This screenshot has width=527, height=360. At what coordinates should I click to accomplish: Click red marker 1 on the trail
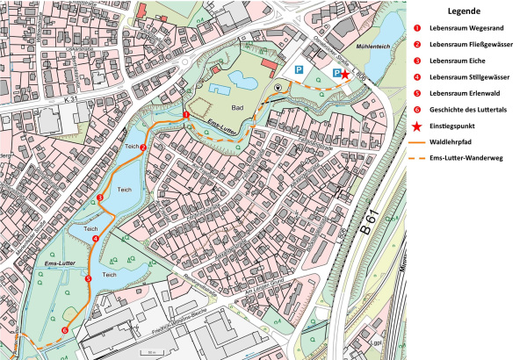pyautogui.click(x=186, y=115)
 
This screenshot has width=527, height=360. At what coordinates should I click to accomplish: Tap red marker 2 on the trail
pyautogui.click(x=142, y=148)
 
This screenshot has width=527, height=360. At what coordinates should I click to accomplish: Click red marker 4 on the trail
pyautogui.click(x=95, y=239)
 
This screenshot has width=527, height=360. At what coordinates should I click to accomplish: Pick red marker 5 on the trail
pyautogui.click(x=87, y=278)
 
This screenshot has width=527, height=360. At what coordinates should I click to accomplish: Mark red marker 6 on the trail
pyautogui.click(x=64, y=330)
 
